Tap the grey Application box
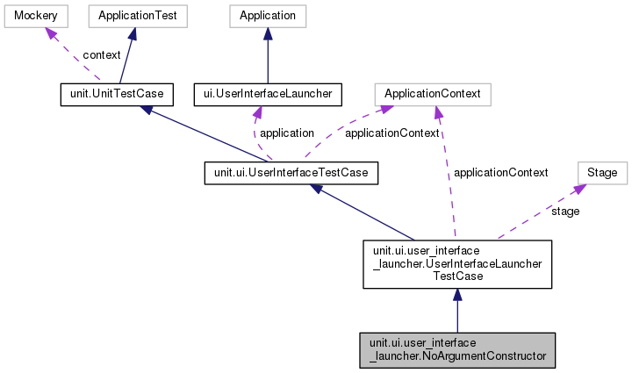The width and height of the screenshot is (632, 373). click(x=268, y=16)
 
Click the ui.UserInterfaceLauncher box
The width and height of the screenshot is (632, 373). click(x=266, y=93)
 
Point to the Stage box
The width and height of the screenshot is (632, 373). click(x=601, y=173)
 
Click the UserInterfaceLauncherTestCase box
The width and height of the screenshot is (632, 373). click(x=457, y=263)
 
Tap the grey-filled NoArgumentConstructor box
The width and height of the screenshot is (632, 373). click(x=457, y=348)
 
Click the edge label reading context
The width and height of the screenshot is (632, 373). click(x=102, y=54)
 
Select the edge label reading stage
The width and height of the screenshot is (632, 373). click(x=564, y=212)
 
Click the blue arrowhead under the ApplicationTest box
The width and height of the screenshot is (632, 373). click(x=132, y=33)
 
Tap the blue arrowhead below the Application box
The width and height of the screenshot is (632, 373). click(x=268, y=33)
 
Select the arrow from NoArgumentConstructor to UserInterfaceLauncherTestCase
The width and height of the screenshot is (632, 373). click(x=457, y=312)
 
